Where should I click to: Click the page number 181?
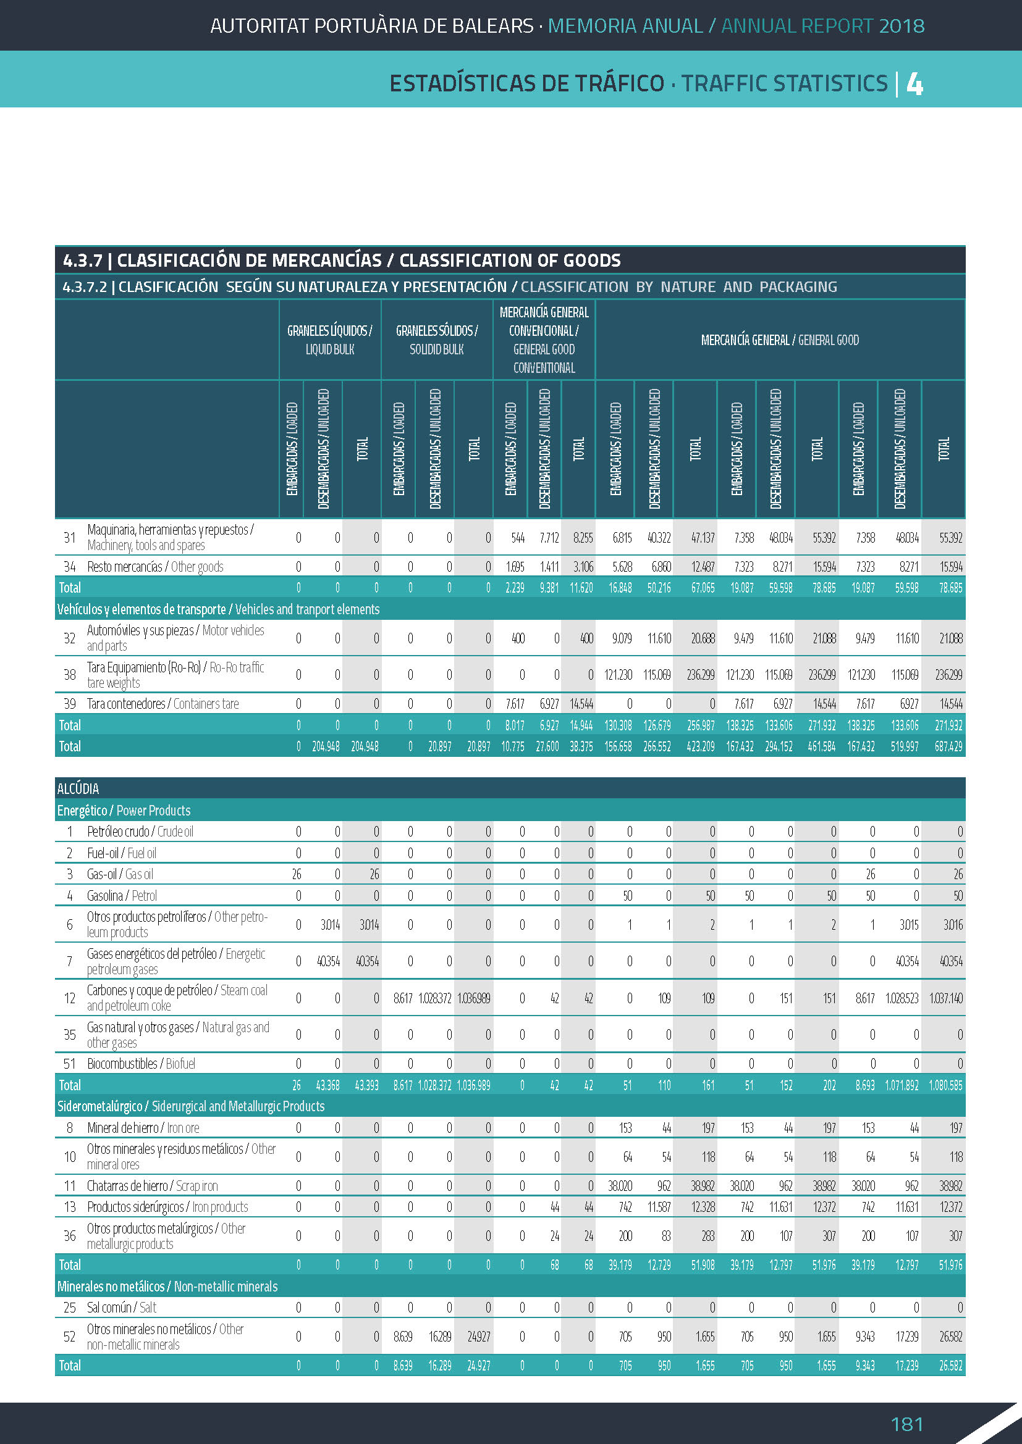906,1423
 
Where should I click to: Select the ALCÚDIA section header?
78,788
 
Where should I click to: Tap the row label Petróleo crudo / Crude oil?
140,832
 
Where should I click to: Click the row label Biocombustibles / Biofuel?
141,1064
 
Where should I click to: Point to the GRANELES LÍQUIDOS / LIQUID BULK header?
330,340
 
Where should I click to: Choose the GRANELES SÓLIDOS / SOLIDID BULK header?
437,340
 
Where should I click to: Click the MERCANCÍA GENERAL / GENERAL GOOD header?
780,340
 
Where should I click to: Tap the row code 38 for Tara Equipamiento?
69,675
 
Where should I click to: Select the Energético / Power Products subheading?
124,811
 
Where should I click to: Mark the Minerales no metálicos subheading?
167,1286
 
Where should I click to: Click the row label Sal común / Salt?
122,1308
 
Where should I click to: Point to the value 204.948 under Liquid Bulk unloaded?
326,746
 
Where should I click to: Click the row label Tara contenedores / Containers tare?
163,704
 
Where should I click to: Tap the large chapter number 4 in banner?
914,83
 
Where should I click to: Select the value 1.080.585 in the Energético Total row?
945,1085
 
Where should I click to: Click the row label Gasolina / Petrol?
122,896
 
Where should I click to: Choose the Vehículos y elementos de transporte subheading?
217,609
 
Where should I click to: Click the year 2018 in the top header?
902,26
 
